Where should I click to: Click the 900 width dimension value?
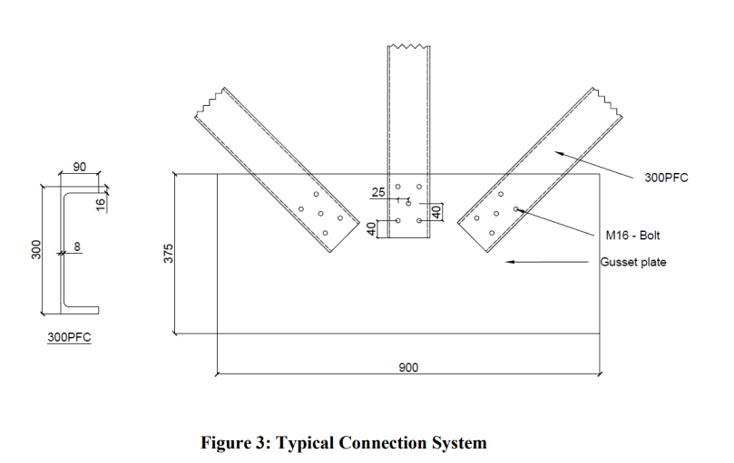(407, 368)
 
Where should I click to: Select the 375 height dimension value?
(168, 254)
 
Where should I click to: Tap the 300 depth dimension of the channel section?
(34, 249)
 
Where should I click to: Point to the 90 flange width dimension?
(80, 168)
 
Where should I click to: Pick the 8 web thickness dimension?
(77, 246)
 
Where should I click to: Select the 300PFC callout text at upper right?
(666, 178)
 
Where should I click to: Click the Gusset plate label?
(632, 263)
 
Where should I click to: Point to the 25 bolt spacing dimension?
(378, 192)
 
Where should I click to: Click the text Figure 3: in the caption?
(236, 443)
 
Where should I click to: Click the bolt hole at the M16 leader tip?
(515, 209)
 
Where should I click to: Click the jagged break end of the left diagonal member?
(210, 101)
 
